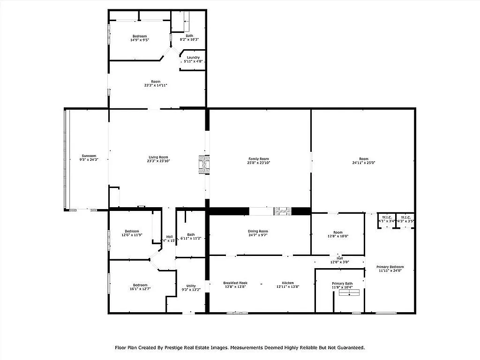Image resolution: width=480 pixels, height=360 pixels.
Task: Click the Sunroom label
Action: [x=89, y=156]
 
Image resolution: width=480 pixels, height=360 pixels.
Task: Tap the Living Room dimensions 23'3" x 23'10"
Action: [x=157, y=161]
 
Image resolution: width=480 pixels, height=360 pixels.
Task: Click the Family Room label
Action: [x=259, y=158]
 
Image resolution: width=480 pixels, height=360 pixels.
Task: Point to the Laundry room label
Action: [x=193, y=57]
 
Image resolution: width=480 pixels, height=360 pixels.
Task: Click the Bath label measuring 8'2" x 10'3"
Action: [x=189, y=36]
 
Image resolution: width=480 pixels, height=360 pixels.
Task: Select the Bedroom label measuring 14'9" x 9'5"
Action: [x=139, y=36]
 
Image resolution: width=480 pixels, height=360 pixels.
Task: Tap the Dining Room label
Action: [x=258, y=231]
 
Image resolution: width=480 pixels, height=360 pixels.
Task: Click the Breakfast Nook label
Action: [x=235, y=283]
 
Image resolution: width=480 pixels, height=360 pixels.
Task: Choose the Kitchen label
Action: [x=288, y=283]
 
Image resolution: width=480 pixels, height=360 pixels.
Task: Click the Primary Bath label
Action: [x=342, y=283]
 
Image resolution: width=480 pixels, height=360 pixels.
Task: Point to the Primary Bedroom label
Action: [x=390, y=267]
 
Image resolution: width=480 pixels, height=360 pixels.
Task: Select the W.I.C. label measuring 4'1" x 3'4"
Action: [x=387, y=217]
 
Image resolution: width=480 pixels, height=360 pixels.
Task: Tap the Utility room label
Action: [x=191, y=285]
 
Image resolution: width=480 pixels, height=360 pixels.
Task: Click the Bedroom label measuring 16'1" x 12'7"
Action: [x=140, y=285]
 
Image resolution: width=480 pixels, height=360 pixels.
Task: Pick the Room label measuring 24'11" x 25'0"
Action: [x=364, y=158]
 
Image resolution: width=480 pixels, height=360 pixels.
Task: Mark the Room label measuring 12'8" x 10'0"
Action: [x=338, y=232]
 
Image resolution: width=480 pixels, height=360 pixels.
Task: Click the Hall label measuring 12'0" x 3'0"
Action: [x=339, y=258]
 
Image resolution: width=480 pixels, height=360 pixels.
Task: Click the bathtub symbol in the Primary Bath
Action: [x=349, y=293]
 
